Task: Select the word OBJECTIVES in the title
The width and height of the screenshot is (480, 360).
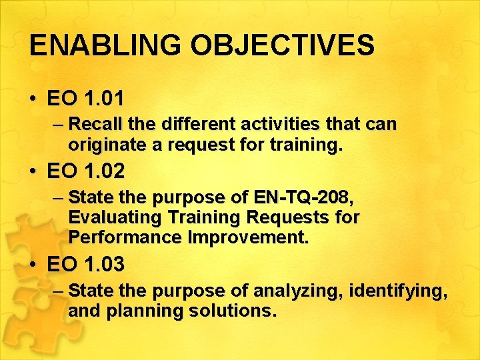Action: [283, 45]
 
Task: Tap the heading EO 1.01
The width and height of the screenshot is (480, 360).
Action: [85, 99]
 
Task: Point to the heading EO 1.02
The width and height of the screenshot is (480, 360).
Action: [85, 172]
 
